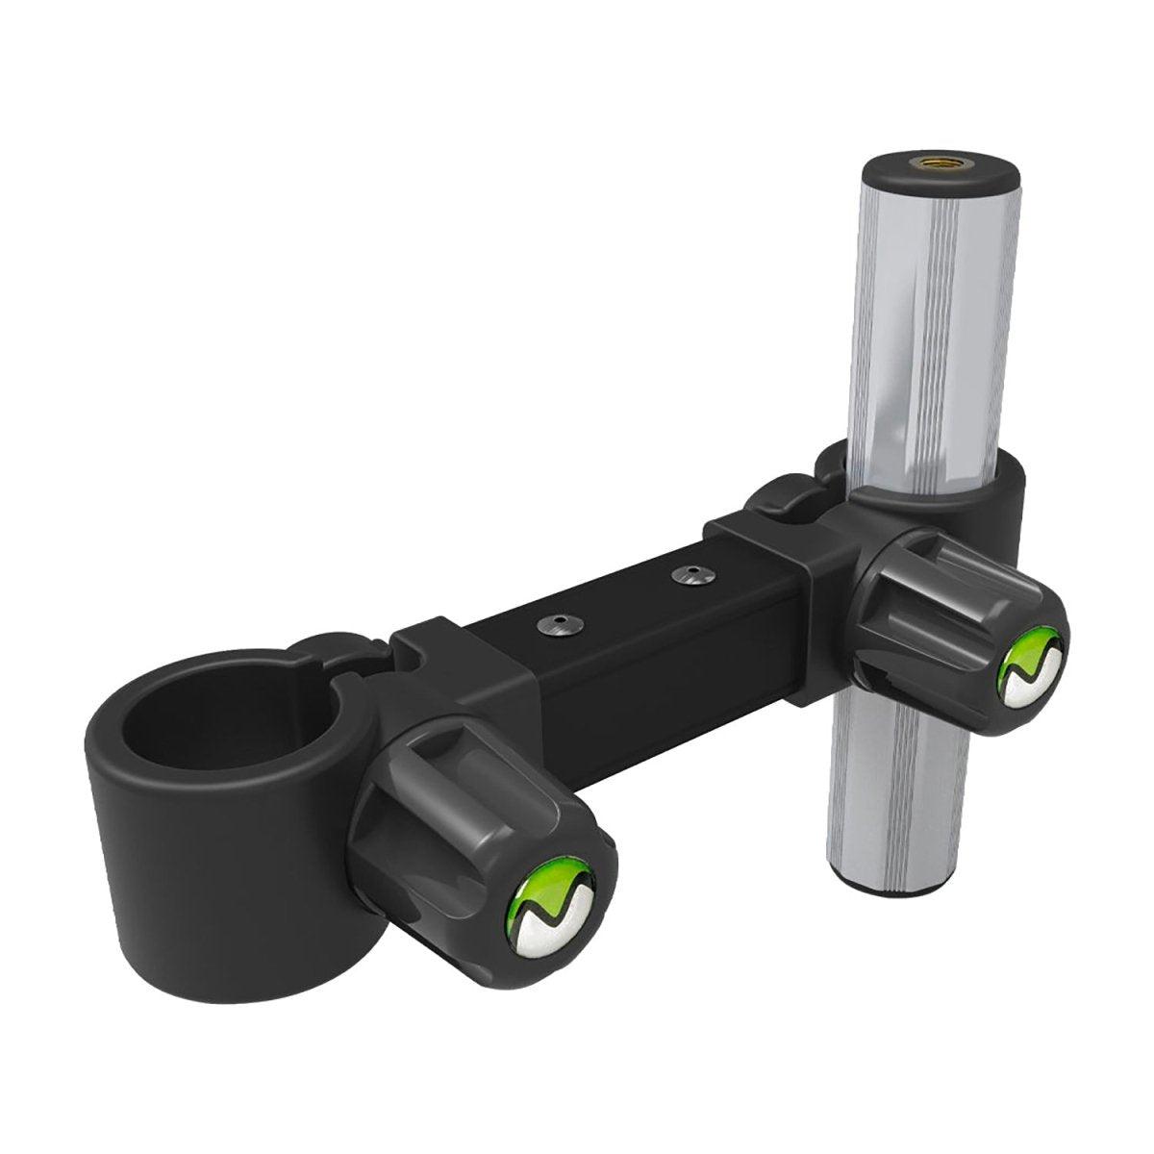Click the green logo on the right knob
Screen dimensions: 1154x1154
click(x=1031, y=665)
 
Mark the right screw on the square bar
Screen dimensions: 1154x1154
click(x=687, y=575)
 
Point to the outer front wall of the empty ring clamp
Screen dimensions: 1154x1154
click(x=192, y=865)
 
